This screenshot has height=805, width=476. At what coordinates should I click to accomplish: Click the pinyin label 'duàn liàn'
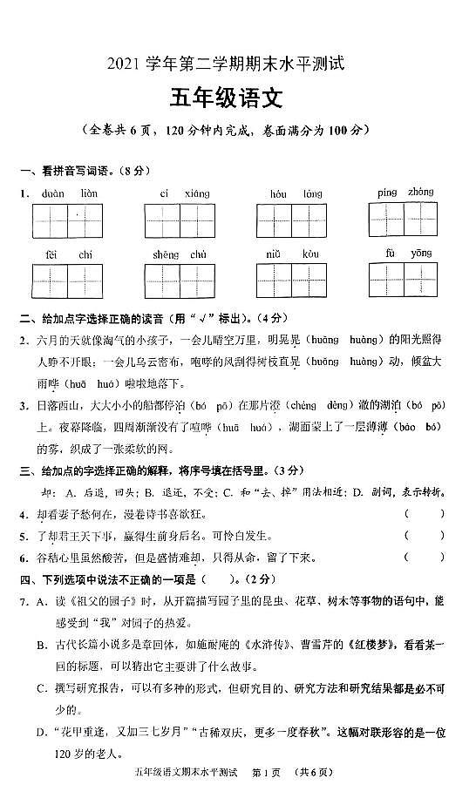tap(67, 193)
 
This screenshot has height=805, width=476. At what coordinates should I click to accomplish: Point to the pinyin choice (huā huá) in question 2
tap(88, 383)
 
